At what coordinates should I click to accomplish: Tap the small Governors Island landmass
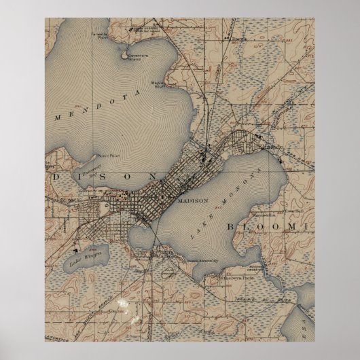[126, 56]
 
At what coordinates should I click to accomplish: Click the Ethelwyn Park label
[224, 276]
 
